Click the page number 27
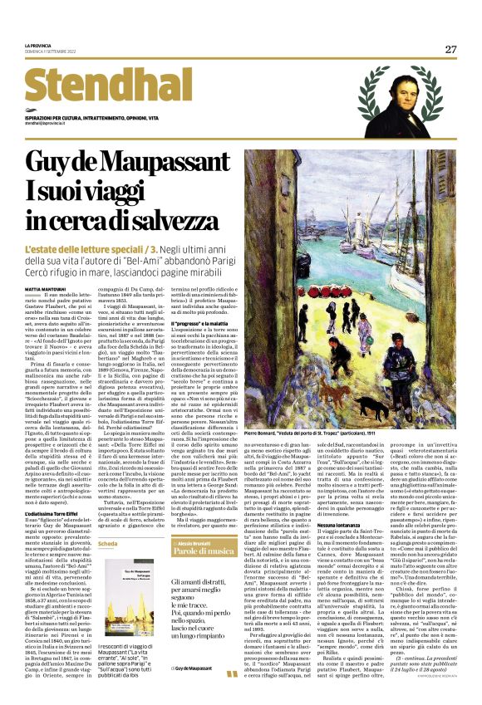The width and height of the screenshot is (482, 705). (450, 49)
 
